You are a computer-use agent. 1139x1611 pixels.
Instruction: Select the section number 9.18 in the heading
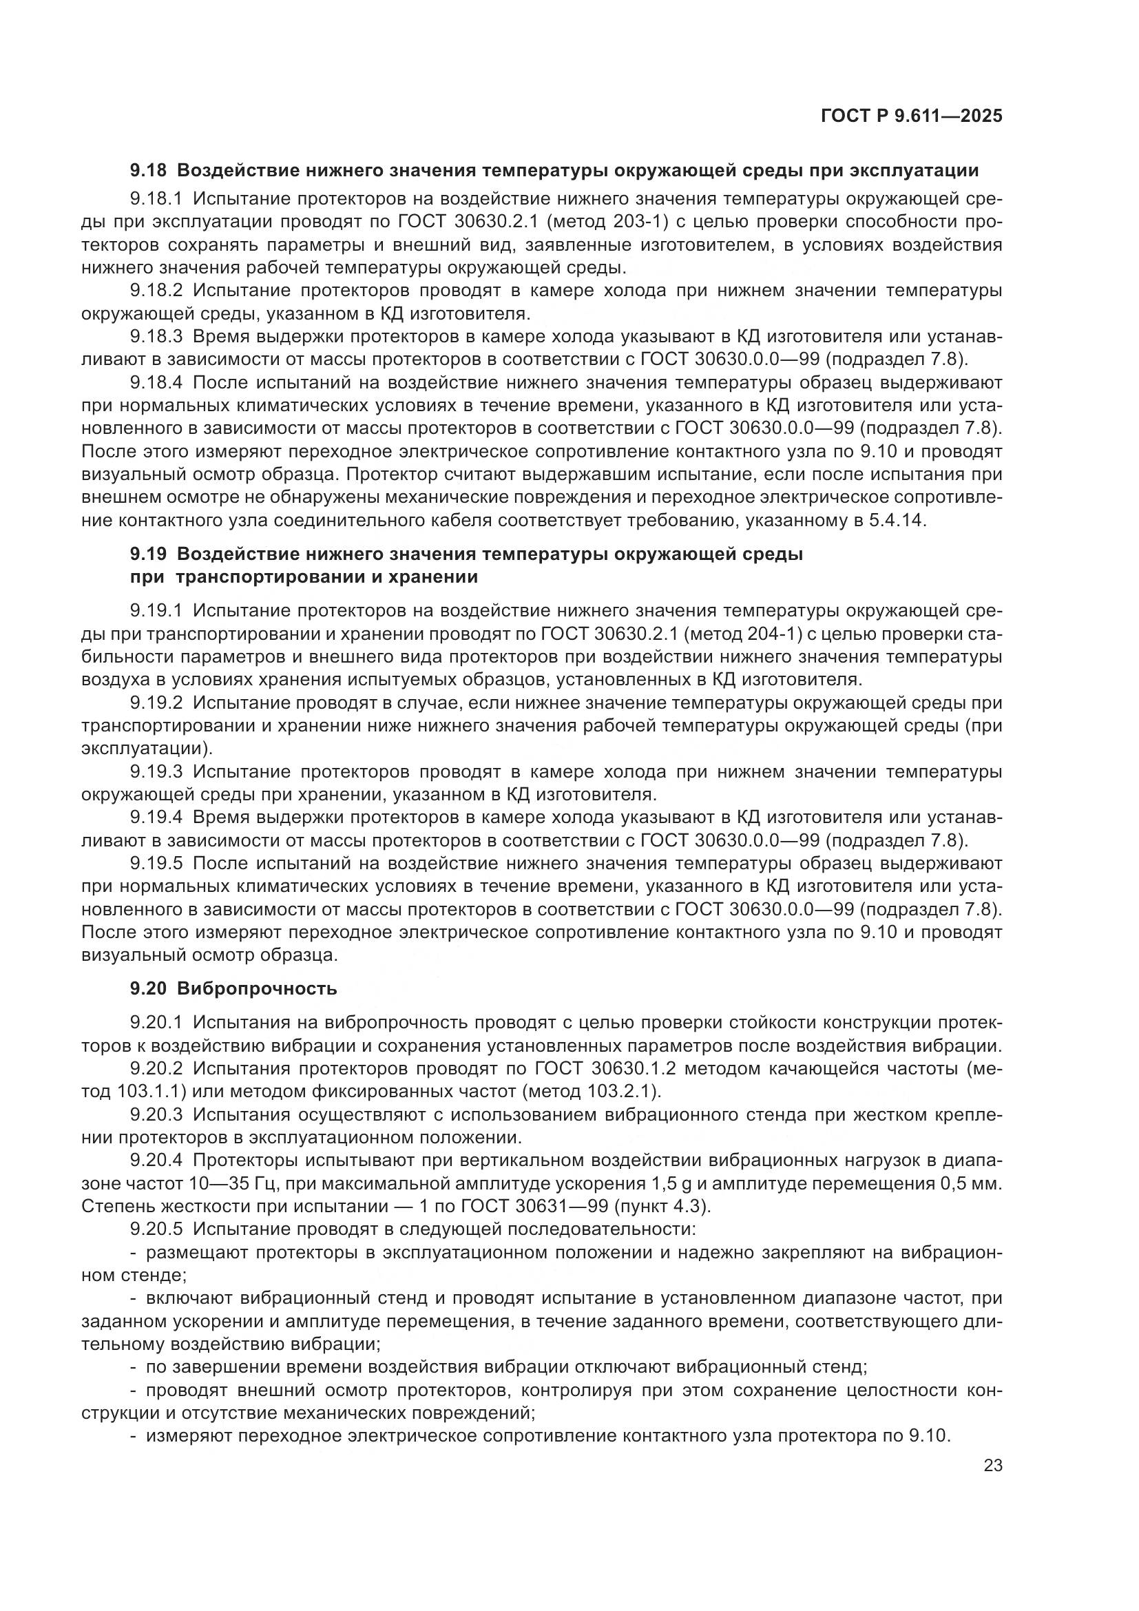148,171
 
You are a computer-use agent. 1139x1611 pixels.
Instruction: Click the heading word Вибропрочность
257,988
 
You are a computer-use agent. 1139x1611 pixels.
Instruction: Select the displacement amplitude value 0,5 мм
970,1185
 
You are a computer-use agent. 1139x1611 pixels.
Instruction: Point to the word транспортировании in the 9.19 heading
255,577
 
